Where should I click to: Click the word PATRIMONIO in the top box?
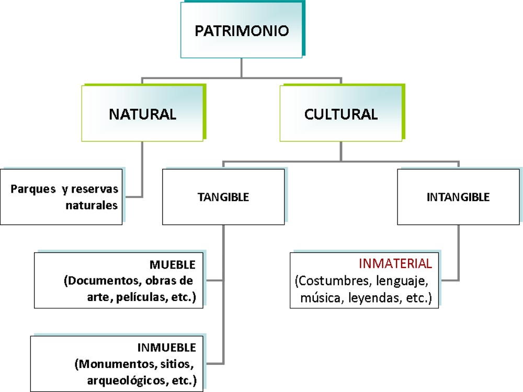pos(242,30)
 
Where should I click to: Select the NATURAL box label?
pos(142,114)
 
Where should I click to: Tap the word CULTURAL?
pos(341,114)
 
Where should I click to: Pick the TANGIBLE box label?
pos(223,197)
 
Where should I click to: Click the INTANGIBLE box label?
pos(458,197)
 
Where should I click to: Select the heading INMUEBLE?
pos(167,348)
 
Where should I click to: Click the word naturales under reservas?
pos(92,205)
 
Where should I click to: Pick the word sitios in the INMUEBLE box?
pos(175,363)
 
